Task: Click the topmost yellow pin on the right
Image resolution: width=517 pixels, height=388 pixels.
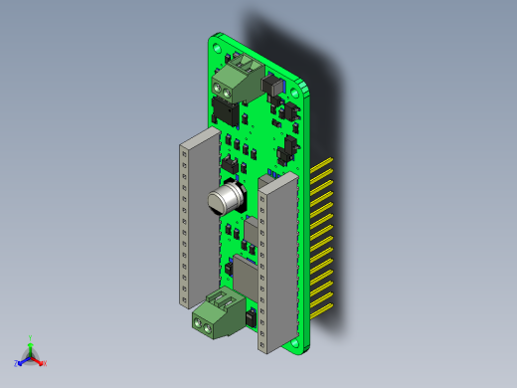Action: click(x=326, y=161)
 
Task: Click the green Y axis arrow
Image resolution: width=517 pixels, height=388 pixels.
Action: click(x=31, y=341)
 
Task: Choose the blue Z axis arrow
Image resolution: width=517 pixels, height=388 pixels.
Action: click(x=20, y=362)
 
